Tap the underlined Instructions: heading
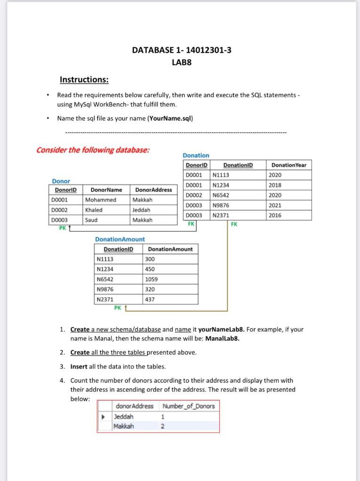click(84, 80)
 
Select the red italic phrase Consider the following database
click(93, 150)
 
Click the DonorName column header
click(106, 190)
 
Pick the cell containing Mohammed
click(101, 200)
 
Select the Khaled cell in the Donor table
click(94, 210)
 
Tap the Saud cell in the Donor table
click(92, 220)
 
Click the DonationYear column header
click(289, 165)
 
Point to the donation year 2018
click(275, 185)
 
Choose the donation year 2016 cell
click(275, 215)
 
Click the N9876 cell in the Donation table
click(221, 205)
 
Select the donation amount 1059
click(152, 279)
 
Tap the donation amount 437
click(150, 299)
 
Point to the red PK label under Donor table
click(62, 228)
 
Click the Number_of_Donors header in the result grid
click(188, 406)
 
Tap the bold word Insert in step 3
click(79, 366)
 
